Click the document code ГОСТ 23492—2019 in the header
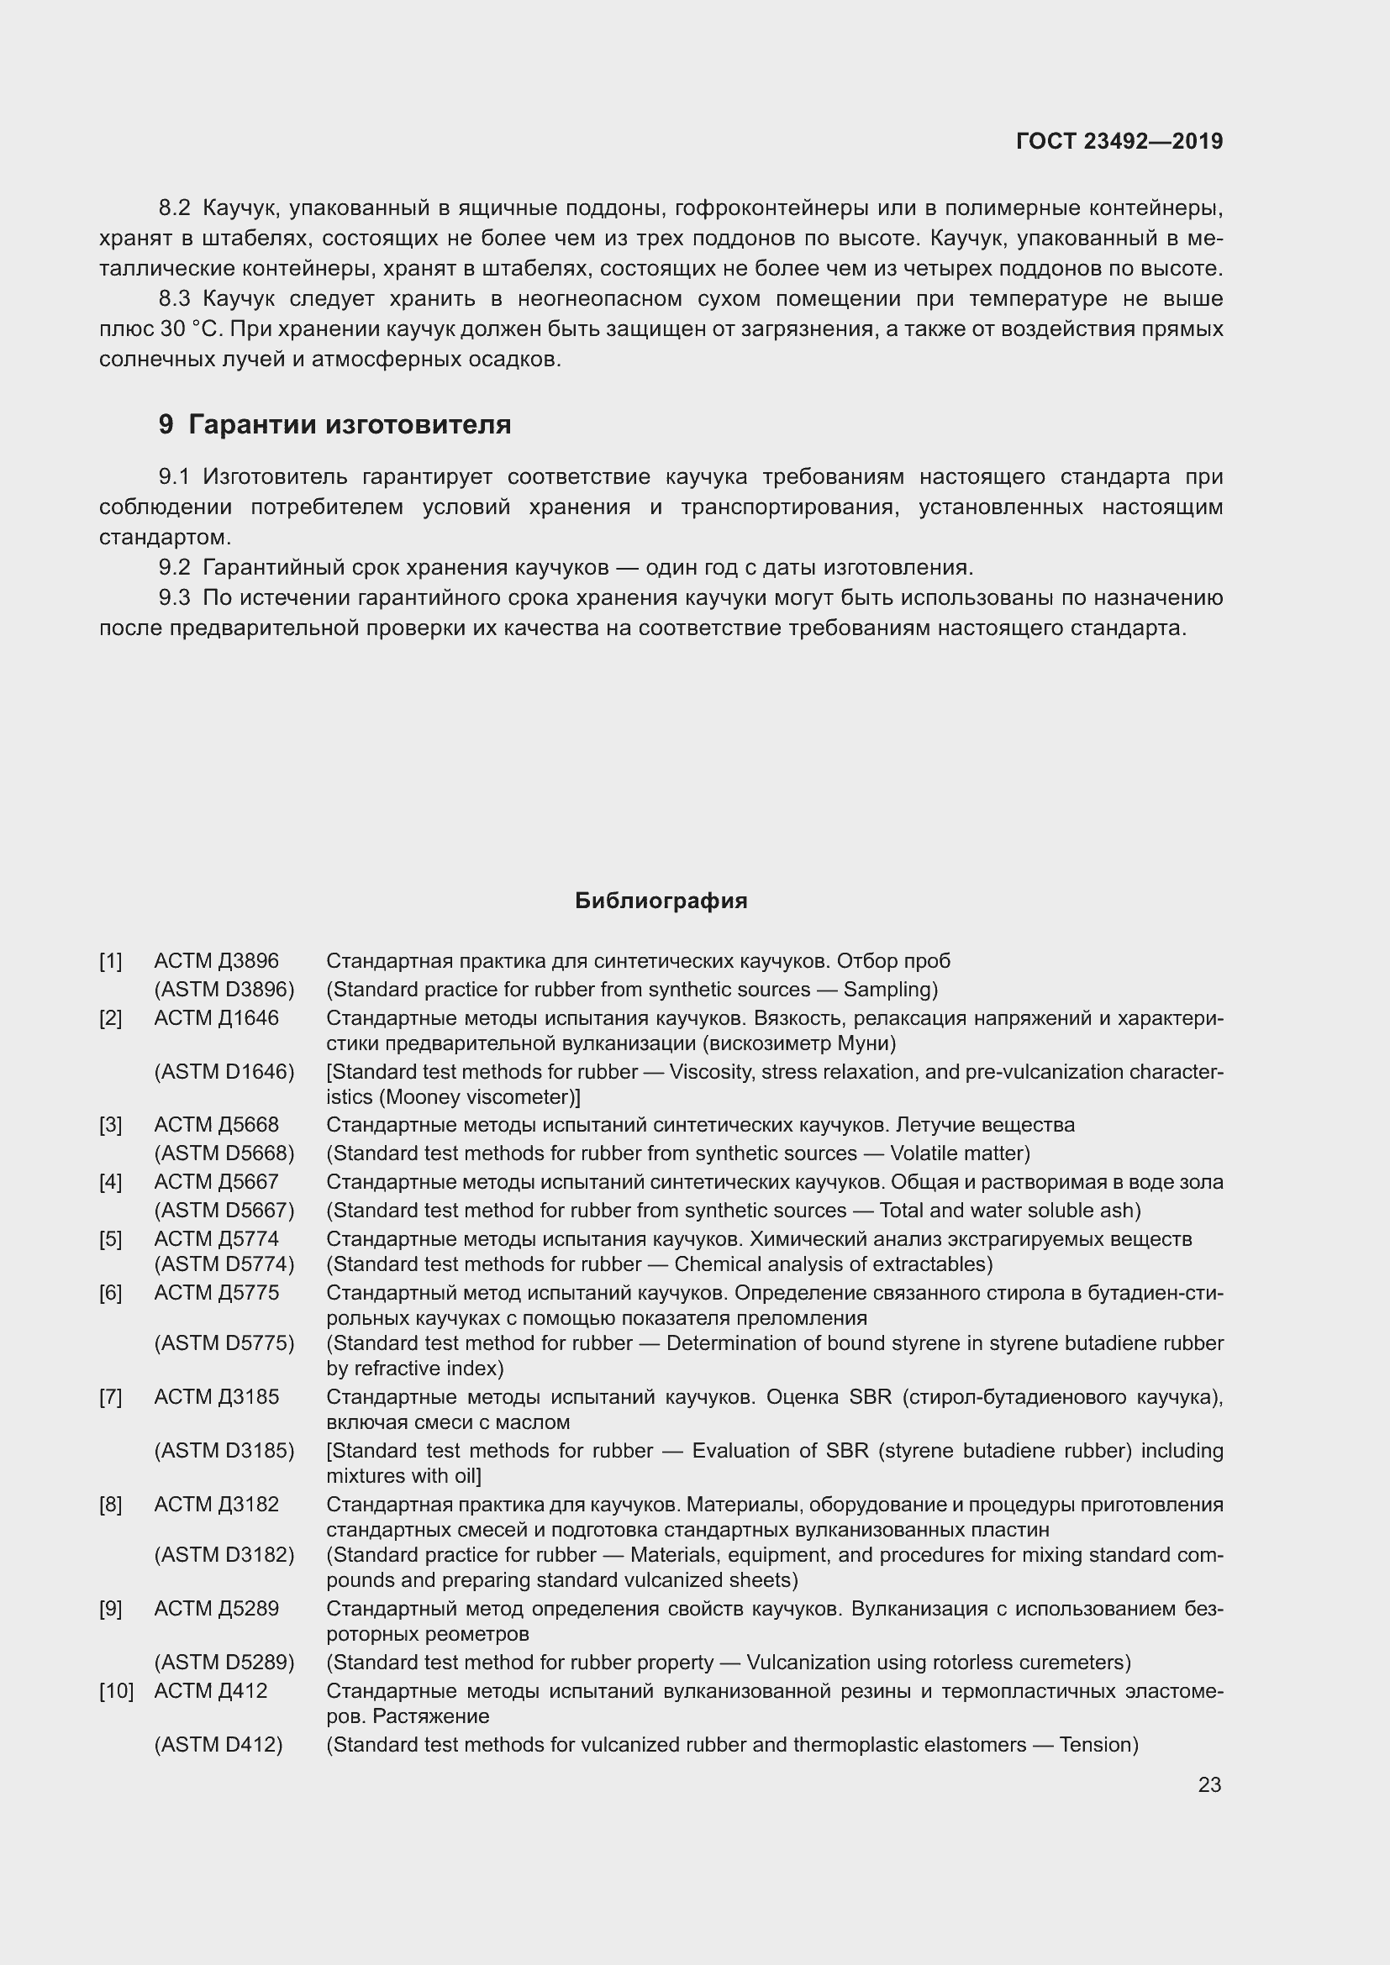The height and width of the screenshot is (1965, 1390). [x=1119, y=141]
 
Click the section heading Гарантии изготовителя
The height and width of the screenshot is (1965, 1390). [x=350, y=424]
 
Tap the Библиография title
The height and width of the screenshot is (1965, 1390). [x=661, y=901]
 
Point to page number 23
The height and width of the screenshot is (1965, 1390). [x=1209, y=1784]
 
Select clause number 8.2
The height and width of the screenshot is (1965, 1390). [x=175, y=208]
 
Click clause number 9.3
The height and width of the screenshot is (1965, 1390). [x=175, y=597]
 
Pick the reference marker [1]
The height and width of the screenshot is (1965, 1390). [x=110, y=961]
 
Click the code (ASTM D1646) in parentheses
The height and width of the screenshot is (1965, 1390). [x=224, y=1071]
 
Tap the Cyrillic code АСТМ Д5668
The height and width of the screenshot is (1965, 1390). [x=217, y=1125]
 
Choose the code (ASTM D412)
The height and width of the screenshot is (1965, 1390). [x=219, y=1744]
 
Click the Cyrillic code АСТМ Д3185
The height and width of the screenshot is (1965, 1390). [x=217, y=1397]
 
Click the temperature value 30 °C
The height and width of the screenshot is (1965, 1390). [x=190, y=328]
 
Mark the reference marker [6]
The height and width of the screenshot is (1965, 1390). [x=110, y=1292]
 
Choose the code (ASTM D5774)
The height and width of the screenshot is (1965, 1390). [x=224, y=1264]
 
